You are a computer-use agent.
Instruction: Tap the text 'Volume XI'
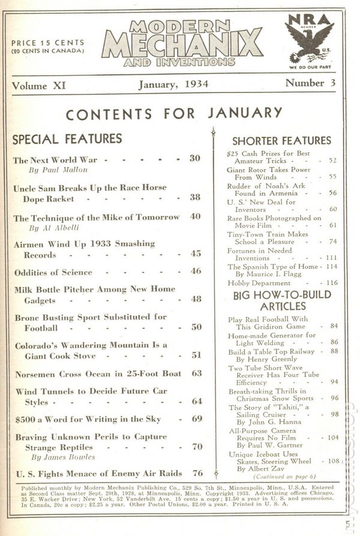tap(39, 86)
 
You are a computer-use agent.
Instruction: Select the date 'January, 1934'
tap(173, 85)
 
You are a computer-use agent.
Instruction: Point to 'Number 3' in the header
tap(310, 83)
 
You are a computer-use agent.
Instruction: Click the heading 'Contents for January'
tap(173, 113)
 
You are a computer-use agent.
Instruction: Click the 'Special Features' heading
tap(67, 139)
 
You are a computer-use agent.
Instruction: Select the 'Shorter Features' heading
tap(281, 141)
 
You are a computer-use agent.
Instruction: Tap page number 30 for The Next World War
tap(194, 159)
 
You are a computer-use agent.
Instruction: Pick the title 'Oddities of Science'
tap(53, 272)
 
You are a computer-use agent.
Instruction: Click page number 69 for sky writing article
tap(197, 419)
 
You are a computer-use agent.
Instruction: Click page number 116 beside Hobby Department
tap(329, 282)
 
